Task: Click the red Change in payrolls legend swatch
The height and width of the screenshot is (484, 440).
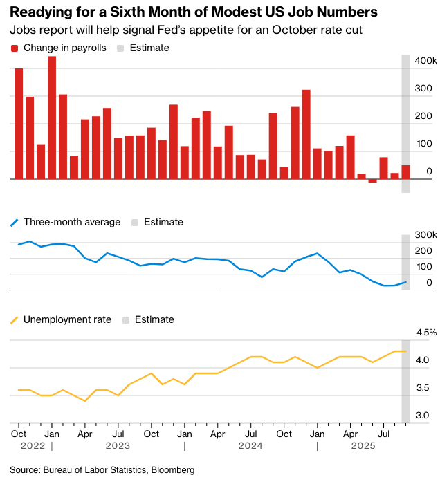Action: click(15, 48)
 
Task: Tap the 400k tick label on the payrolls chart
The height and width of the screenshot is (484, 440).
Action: click(425, 62)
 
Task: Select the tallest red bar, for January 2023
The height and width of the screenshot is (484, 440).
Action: click(52, 118)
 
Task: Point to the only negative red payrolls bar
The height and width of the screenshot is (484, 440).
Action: click(373, 180)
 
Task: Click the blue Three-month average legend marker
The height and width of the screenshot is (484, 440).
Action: click(15, 223)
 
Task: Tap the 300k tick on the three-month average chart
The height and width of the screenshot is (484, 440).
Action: click(425, 236)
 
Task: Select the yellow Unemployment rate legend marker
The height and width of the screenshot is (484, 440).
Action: click(15, 320)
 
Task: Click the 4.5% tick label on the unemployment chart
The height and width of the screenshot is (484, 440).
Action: click(425, 333)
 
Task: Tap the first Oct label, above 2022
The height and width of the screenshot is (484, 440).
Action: click(19, 434)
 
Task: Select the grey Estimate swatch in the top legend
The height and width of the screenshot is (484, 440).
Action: click(120, 48)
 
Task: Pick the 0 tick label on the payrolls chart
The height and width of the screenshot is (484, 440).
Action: click(429, 171)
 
